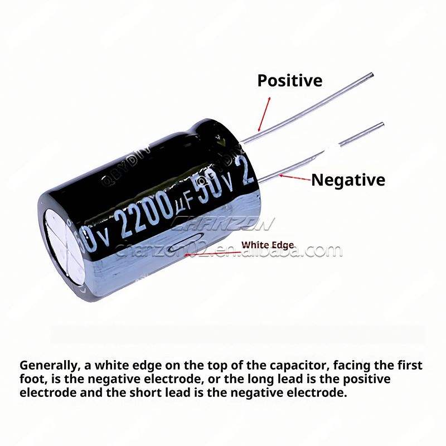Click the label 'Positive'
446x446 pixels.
[x=289, y=81]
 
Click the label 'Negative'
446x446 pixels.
[x=348, y=180]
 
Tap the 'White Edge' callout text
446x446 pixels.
[x=267, y=245]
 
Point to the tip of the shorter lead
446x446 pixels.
[x=382, y=124]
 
